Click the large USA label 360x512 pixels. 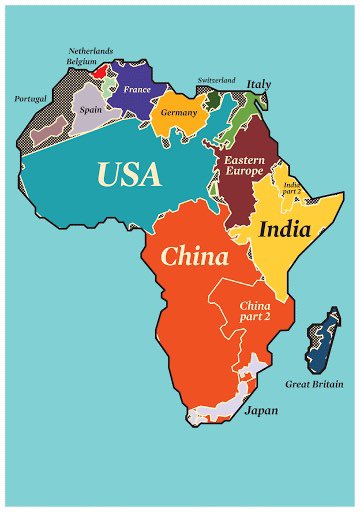click(x=128, y=175)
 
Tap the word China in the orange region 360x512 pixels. click(x=194, y=256)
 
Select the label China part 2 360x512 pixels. click(x=255, y=310)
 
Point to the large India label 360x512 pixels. click(x=285, y=229)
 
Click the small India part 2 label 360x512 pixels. click(x=293, y=189)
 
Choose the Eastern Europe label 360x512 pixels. click(x=244, y=165)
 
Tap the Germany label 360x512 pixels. click(x=180, y=113)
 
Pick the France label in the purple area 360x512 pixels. click(x=136, y=90)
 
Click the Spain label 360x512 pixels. click(x=90, y=109)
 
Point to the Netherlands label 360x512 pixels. click(x=91, y=49)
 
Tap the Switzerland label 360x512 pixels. click(x=217, y=79)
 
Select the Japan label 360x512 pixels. click(x=261, y=410)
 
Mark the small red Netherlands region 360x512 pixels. click(x=100, y=71)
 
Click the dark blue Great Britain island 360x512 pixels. click(x=322, y=340)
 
